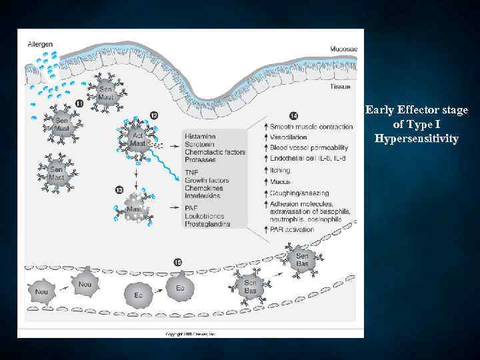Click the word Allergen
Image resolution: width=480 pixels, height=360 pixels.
41,44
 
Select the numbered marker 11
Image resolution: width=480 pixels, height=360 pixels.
79,103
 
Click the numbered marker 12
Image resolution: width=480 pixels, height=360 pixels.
155,115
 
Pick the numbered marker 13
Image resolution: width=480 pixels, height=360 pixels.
119,191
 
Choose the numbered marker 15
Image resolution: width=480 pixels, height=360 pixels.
177,262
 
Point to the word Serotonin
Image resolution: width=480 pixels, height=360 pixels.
198,144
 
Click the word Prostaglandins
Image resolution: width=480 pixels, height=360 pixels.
207,224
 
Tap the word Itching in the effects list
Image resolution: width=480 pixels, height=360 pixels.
281,171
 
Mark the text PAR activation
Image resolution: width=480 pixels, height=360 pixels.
291,228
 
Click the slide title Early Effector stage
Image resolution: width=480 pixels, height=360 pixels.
417,110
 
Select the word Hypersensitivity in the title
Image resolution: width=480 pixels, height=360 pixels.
417,139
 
